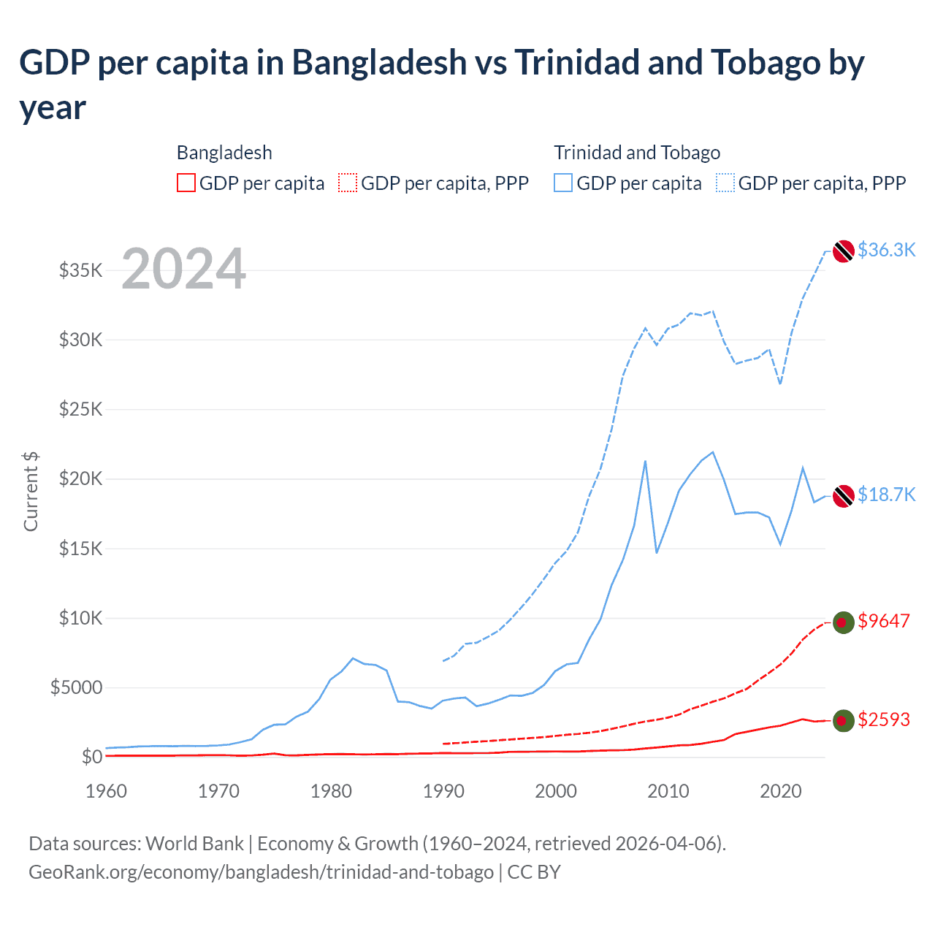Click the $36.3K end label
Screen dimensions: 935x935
point(886,251)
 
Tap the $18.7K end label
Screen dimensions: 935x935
point(886,495)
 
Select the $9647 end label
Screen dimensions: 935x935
point(884,622)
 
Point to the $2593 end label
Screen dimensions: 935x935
point(884,720)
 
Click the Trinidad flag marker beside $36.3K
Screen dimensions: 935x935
point(844,251)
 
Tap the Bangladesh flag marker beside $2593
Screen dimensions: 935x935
point(844,721)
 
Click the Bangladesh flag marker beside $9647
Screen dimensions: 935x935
point(844,622)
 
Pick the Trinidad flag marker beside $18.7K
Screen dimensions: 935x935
point(844,496)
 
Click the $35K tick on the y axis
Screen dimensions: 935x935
point(81,271)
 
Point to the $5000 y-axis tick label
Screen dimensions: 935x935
point(76,688)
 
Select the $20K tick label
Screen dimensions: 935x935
point(81,479)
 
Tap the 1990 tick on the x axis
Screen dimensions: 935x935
point(443,792)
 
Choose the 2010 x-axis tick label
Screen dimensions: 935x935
point(668,792)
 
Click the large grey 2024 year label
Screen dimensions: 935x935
point(183,270)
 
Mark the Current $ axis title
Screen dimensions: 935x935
point(31,491)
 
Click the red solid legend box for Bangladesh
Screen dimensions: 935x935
point(186,183)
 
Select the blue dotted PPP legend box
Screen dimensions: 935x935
point(725,183)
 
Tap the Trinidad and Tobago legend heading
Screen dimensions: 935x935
point(637,153)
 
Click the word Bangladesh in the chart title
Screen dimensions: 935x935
point(379,63)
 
